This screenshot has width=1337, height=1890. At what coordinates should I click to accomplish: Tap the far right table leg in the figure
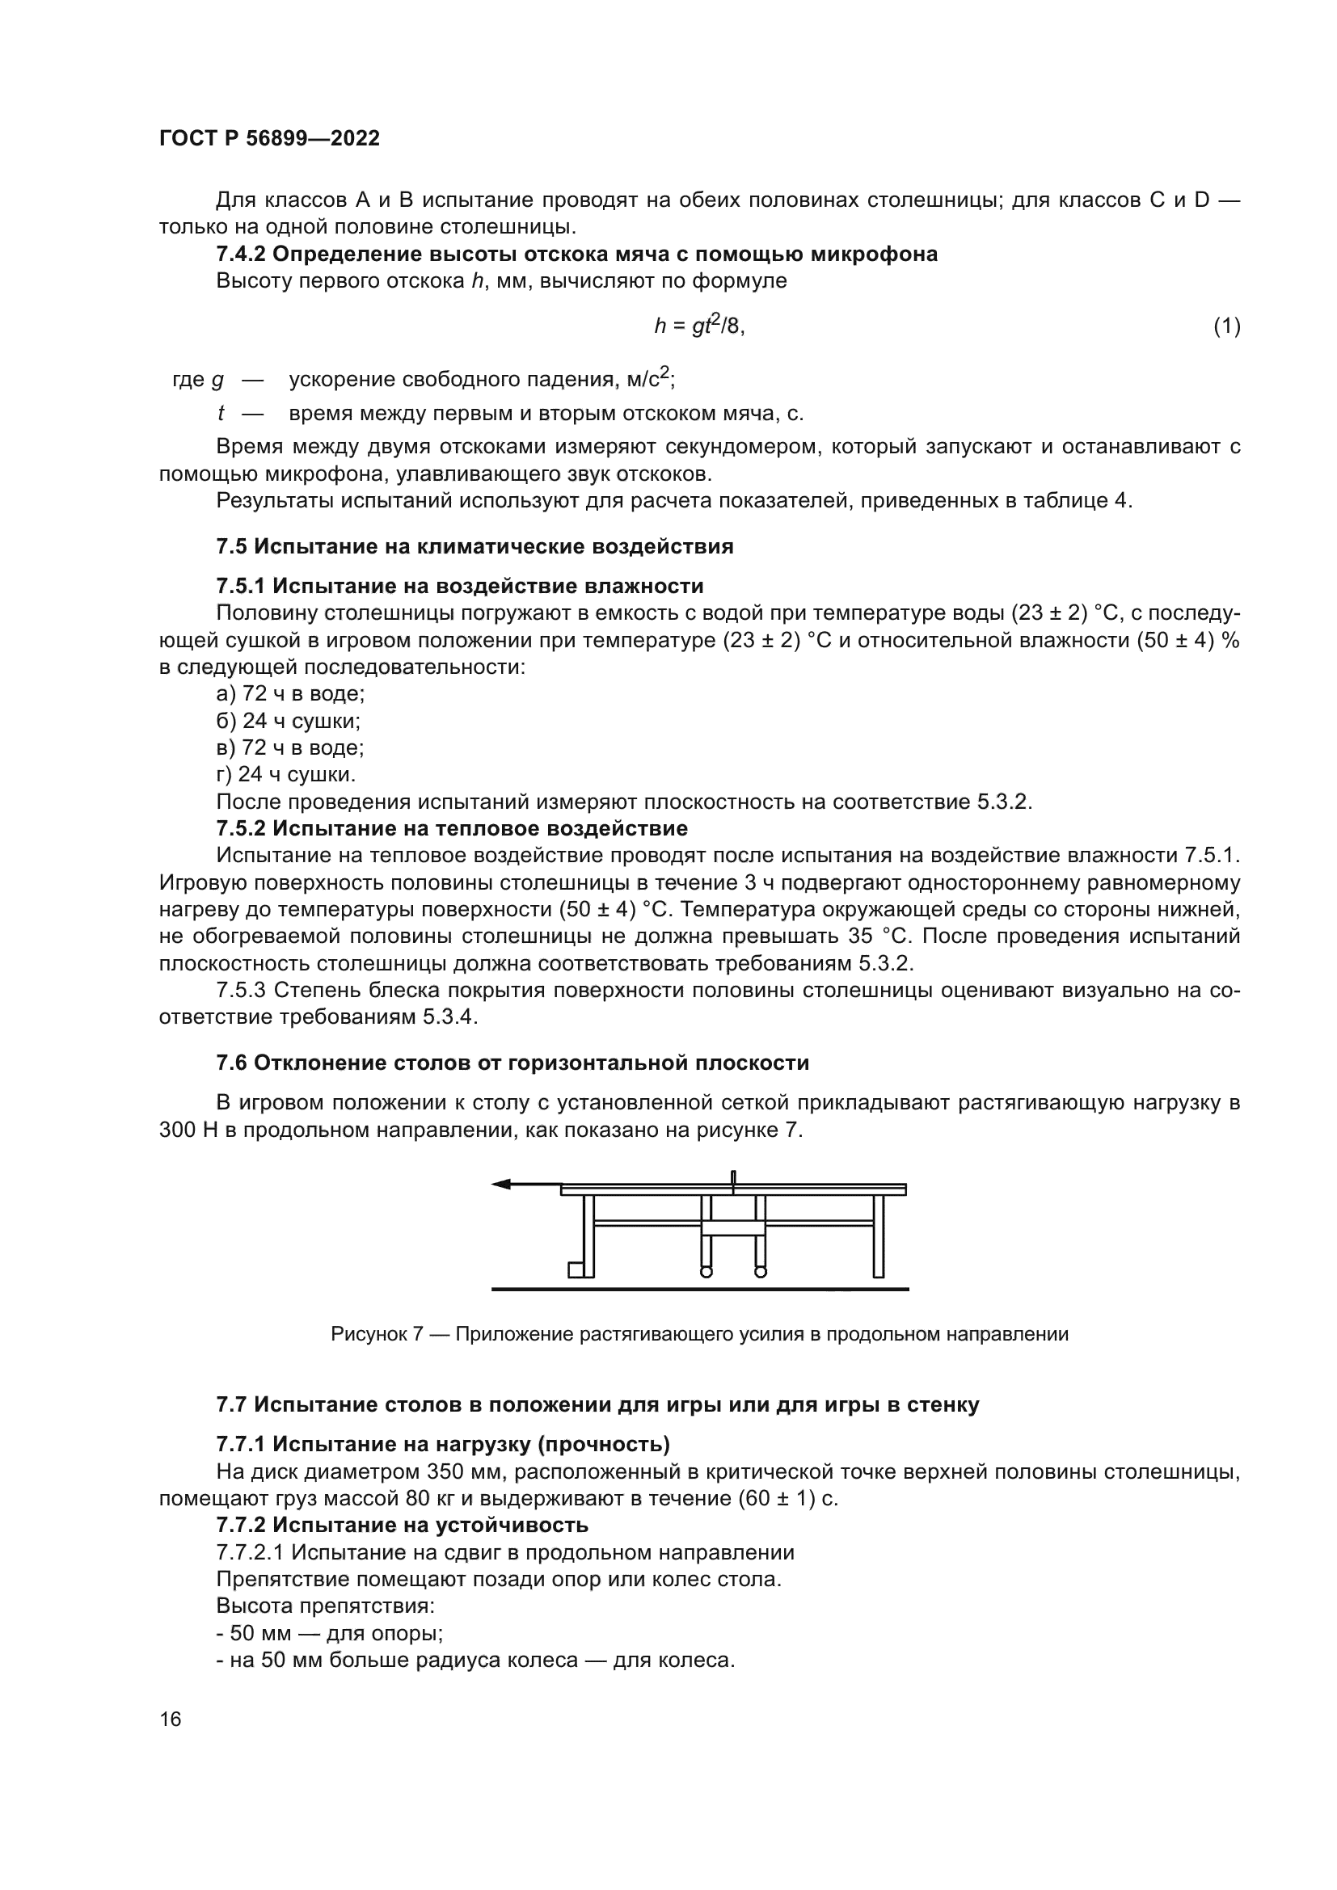pyautogui.click(x=879, y=1235)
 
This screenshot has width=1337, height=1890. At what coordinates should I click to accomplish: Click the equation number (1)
pyautogui.click(x=1227, y=326)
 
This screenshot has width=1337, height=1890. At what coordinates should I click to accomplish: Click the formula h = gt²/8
pyautogui.click(x=699, y=326)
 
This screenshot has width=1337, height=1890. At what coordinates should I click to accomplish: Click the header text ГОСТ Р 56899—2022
pyautogui.click(x=269, y=138)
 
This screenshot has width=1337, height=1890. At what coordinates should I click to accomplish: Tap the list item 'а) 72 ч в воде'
pyautogui.click(x=291, y=694)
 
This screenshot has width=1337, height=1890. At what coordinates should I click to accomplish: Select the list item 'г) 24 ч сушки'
pyautogui.click(x=285, y=775)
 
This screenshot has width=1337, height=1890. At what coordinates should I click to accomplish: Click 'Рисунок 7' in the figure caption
pyautogui.click(x=376, y=1334)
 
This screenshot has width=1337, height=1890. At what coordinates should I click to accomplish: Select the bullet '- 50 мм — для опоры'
pyautogui.click(x=329, y=1633)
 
